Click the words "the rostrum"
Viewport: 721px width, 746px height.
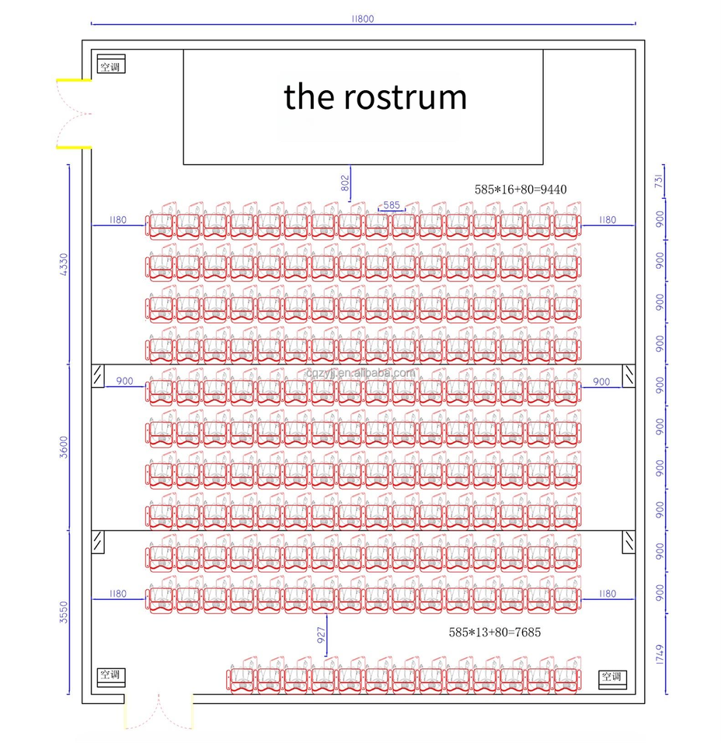[x=375, y=97]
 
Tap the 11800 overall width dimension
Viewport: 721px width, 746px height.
[x=362, y=19]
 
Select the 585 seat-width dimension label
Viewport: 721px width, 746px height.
[x=392, y=205]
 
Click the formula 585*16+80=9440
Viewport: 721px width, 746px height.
[x=526, y=189]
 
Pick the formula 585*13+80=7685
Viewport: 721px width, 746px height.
[x=495, y=633]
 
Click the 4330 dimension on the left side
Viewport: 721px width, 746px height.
[x=64, y=264]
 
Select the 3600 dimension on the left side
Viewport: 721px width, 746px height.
[x=64, y=447]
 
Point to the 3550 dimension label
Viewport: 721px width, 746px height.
[x=64, y=612]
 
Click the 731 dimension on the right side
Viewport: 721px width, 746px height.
[x=660, y=182]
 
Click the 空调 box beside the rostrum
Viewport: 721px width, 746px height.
[x=111, y=65]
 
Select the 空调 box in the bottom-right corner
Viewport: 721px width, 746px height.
[x=611, y=678]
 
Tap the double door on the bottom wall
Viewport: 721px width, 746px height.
[x=158, y=711]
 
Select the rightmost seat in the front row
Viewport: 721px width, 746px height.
[x=567, y=224]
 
